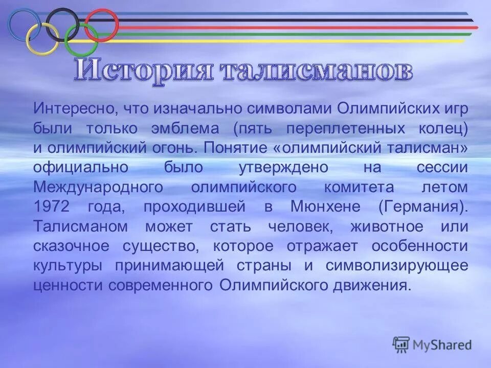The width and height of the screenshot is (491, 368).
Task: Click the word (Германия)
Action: pos(423,207)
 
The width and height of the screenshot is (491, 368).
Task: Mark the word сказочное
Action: pos(72,246)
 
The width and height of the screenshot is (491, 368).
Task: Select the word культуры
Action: pos(68,266)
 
